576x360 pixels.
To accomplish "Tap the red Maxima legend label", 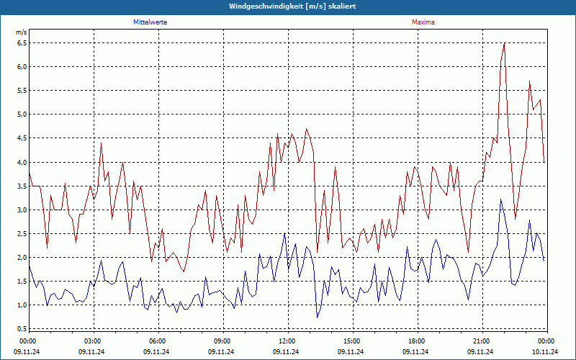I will (423, 22).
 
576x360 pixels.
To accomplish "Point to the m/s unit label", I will (21, 32).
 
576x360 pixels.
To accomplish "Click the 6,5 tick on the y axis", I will (21, 43).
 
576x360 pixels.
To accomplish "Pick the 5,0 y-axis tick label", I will (21, 114).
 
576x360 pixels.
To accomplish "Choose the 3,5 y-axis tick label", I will (21, 186).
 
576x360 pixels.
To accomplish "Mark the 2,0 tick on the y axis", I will (21, 258).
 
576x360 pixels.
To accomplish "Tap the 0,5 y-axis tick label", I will (21, 329).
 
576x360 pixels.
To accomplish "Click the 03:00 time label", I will (93, 341).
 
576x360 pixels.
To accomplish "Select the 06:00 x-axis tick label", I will (158, 341).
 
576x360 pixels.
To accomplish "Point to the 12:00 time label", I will (287, 341).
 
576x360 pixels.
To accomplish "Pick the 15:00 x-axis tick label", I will (351, 341).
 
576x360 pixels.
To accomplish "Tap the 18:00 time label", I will (416, 341).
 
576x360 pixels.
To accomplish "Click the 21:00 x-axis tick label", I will (481, 341).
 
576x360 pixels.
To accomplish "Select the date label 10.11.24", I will (544, 352).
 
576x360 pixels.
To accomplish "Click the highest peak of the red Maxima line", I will (504, 43).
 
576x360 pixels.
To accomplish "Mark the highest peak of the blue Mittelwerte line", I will (500, 199).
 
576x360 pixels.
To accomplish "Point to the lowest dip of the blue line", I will (317, 318).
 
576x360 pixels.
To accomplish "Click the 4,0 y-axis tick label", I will (21, 162).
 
